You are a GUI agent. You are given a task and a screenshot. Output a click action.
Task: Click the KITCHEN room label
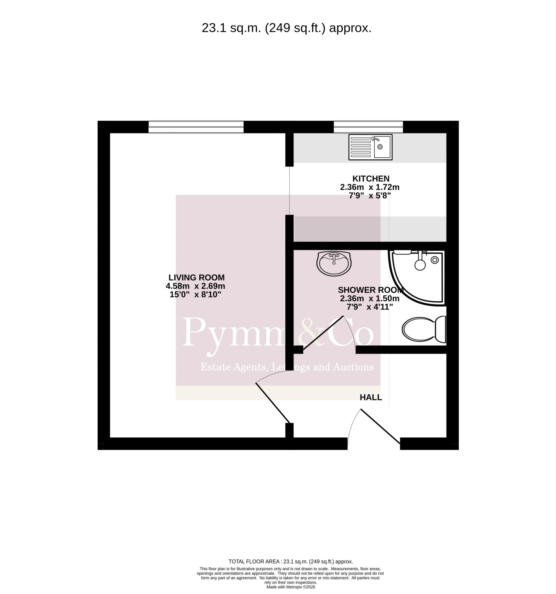(x=371, y=179)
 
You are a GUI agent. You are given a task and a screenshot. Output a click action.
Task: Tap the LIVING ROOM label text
(x=196, y=278)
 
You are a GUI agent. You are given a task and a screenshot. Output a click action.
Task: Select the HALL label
(x=371, y=397)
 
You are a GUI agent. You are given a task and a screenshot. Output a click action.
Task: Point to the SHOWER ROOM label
(x=371, y=290)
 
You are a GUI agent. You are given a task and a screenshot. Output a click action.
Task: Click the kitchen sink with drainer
(x=370, y=147)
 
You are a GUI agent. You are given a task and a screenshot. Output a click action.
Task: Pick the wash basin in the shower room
(x=334, y=263)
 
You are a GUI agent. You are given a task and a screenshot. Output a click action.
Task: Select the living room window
(x=196, y=127)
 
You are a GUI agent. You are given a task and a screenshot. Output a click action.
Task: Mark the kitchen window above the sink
(x=368, y=127)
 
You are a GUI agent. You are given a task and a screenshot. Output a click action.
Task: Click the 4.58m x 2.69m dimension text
(x=196, y=286)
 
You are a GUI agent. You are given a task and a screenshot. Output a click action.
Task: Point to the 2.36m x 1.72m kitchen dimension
(x=370, y=187)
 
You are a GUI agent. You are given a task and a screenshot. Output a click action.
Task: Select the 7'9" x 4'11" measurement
(x=370, y=307)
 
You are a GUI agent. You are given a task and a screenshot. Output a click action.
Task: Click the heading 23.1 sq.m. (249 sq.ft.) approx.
(x=287, y=28)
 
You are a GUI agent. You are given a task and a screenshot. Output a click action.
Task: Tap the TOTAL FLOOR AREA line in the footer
(x=291, y=562)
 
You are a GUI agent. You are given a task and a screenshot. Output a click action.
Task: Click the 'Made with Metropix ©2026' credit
(x=291, y=587)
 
